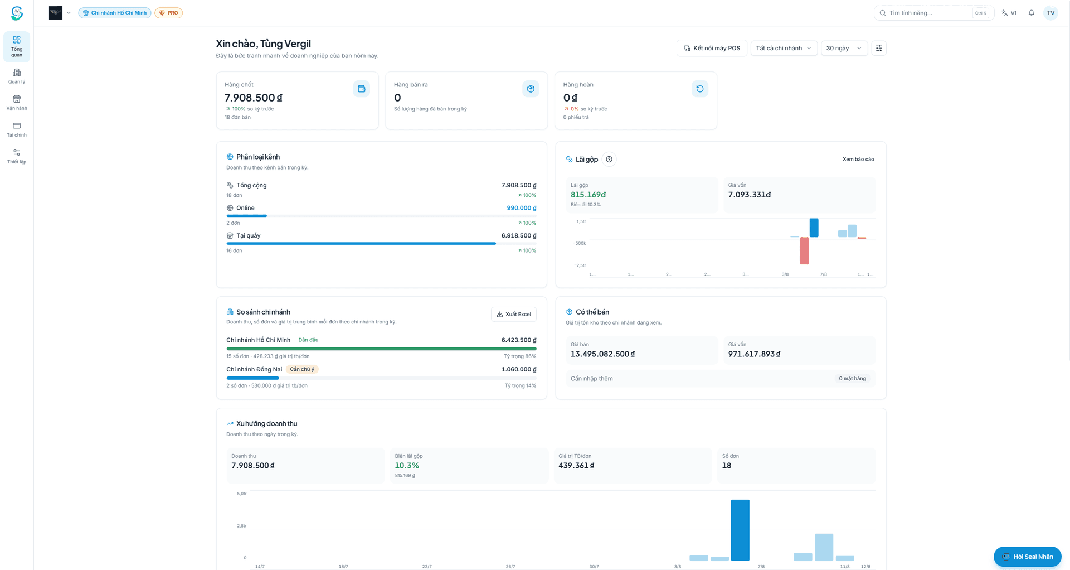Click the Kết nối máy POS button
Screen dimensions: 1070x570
click(x=712, y=48)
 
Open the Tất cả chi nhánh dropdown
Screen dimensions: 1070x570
click(x=784, y=48)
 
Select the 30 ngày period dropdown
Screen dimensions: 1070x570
click(x=844, y=48)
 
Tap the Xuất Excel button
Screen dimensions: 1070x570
click(x=513, y=314)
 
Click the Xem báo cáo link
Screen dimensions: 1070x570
click(x=858, y=160)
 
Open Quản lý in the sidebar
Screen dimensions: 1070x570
click(x=17, y=76)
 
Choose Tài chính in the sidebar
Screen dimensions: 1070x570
click(x=17, y=130)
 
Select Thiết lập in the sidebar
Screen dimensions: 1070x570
click(x=17, y=157)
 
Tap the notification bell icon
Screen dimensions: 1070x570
click(x=1032, y=13)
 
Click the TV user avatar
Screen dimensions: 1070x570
click(x=1050, y=13)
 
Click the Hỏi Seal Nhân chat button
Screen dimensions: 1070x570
click(x=1028, y=557)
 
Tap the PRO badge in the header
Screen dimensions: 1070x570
click(x=168, y=13)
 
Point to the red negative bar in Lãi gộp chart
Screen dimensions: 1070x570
click(x=804, y=251)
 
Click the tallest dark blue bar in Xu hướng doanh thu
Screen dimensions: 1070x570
click(x=740, y=530)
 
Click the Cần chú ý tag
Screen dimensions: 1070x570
click(x=302, y=369)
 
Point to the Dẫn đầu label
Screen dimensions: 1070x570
click(x=308, y=340)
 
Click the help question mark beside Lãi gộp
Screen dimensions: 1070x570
click(x=609, y=160)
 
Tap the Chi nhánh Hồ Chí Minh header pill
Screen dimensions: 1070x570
click(x=115, y=13)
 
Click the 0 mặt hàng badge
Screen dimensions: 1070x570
click(x=852, y=379)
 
